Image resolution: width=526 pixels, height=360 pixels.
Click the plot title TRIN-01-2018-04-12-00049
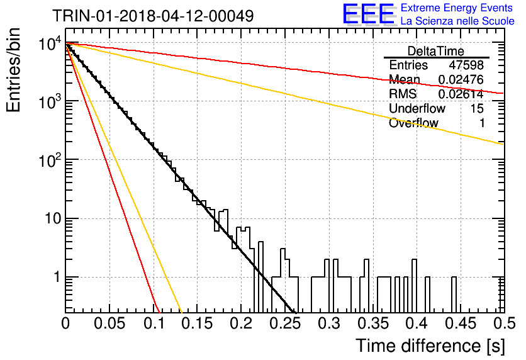pos(153,16)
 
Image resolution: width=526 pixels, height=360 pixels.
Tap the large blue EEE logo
pos(368,14)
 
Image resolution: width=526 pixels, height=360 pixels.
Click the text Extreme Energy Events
pos(457,8)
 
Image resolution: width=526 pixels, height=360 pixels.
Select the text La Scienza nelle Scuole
pos(457,21)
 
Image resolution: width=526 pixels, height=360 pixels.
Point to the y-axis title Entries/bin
pos(13,70)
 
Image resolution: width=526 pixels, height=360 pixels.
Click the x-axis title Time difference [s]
pos(430,346)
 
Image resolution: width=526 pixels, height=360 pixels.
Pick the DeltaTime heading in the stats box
pos(436,51)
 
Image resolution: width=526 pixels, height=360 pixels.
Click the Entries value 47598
pos(466,65)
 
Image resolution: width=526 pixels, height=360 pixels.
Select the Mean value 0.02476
pos(461,79)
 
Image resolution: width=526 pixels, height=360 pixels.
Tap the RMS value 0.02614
pos(461,94)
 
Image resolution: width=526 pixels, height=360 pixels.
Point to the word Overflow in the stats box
pos(413,123)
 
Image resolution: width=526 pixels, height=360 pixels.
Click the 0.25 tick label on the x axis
pos(285,323)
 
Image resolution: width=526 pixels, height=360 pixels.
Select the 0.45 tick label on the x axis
pos(461,323)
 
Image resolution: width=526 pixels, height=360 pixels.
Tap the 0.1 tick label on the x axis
pos(154,323)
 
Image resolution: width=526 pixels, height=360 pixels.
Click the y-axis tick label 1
pos(57,278)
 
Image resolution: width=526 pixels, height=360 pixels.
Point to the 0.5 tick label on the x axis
pos(505,323)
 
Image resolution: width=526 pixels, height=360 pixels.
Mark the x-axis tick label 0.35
pos(373,323)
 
